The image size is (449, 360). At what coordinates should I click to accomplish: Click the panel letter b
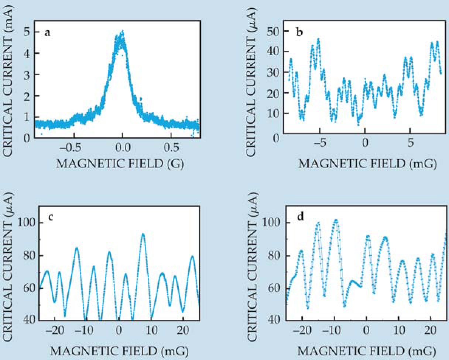click(x=300, y=33)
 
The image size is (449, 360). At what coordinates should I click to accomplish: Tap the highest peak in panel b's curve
click(x=318, y=39)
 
